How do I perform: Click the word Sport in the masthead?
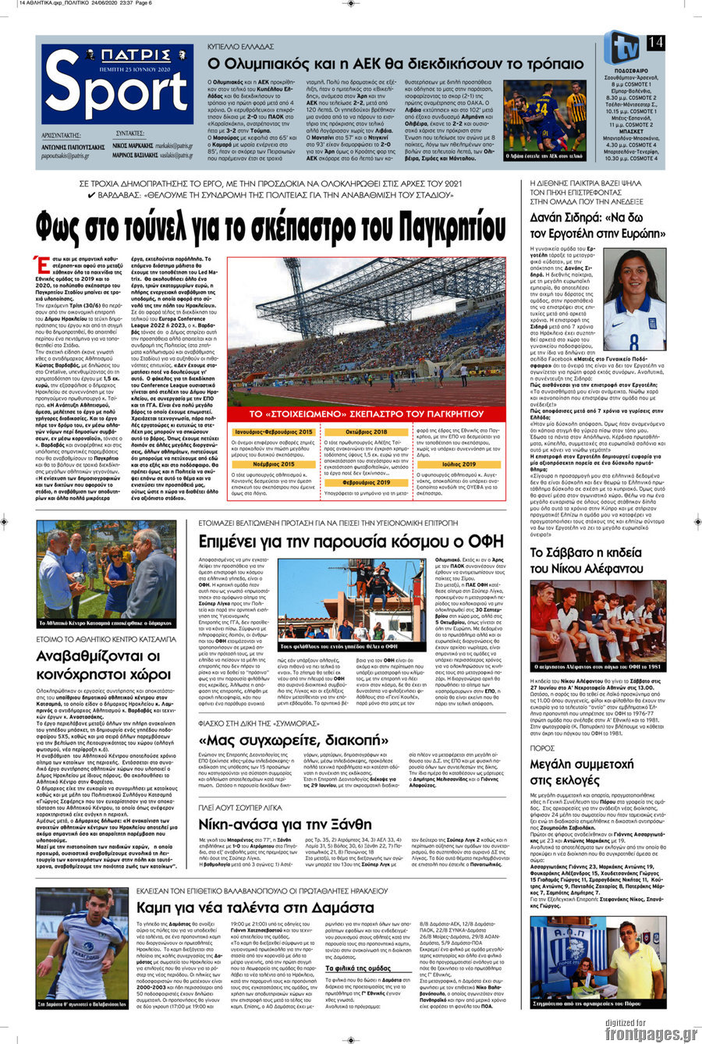click(117, 93)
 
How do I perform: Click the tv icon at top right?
click(622, 47)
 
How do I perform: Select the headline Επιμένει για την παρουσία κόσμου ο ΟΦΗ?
click(351, 541)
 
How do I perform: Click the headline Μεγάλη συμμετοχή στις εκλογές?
click(583, 776)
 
